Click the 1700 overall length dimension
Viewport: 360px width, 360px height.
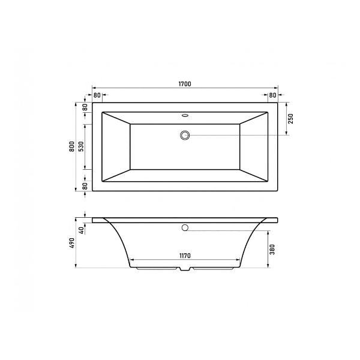click(x=184, y=85)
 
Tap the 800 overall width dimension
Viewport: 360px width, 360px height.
click(x=71, y=146)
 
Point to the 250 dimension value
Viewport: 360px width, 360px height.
click(x=291, y=119)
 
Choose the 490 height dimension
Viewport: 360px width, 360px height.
click(x=71, y=242)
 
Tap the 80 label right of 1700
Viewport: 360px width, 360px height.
click(x=272, y=95)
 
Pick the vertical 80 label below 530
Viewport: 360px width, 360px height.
click(x=85, y=186)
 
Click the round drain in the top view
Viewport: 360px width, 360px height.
click(x=185, y=135)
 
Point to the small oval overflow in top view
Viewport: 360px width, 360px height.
click(x=185, y=115)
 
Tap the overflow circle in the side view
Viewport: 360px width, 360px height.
click(x=185, y=228)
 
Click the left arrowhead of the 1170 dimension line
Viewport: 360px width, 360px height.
click(x=132, y=262)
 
